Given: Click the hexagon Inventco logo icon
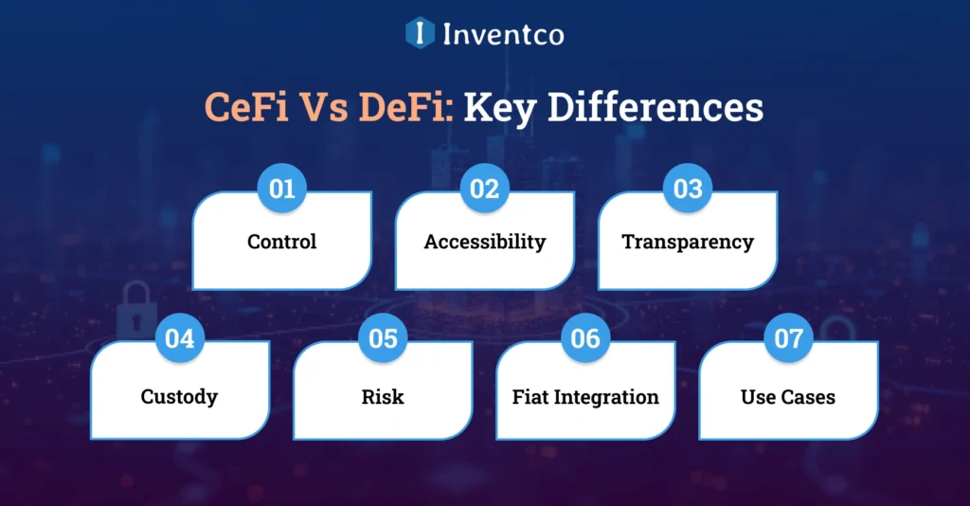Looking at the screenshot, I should pyautogui.click(x=419, y=34).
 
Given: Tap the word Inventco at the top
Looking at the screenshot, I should pyautogui.click(x=503, y=35).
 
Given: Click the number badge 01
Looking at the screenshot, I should pyautogui.click(x=282, y=189).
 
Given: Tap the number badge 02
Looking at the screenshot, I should pyautogui.click(x=485, y=189).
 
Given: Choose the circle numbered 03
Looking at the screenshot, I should pyautogui.click(x=688, y=189).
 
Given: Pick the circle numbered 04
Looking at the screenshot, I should pyautogui.click(x=180, y=338).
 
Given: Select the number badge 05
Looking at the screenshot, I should pyautogui.click(x=383, y=338).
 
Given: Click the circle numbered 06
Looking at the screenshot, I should pyautogui.click(x=586, y=338).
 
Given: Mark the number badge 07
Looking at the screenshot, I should pyautogui.click(x=789, y=338).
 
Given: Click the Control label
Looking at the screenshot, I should pyautogui.click(x=282, y=242).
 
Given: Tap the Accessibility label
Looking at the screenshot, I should pyautogui.click(x=485, y=242).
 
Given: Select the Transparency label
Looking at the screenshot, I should pyautogui.click(x=688, y=242).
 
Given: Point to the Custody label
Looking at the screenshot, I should pyautogui.click(x=180, y=397).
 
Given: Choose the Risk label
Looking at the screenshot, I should pyautogui.click(x=383, y=397).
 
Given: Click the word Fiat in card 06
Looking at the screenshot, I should pyautogui.click(x=532, y=397).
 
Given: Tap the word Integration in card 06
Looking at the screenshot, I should pyautogui.click(x=608, y=397).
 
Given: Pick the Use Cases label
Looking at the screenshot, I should pyautogui.click(x=788, y=397).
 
